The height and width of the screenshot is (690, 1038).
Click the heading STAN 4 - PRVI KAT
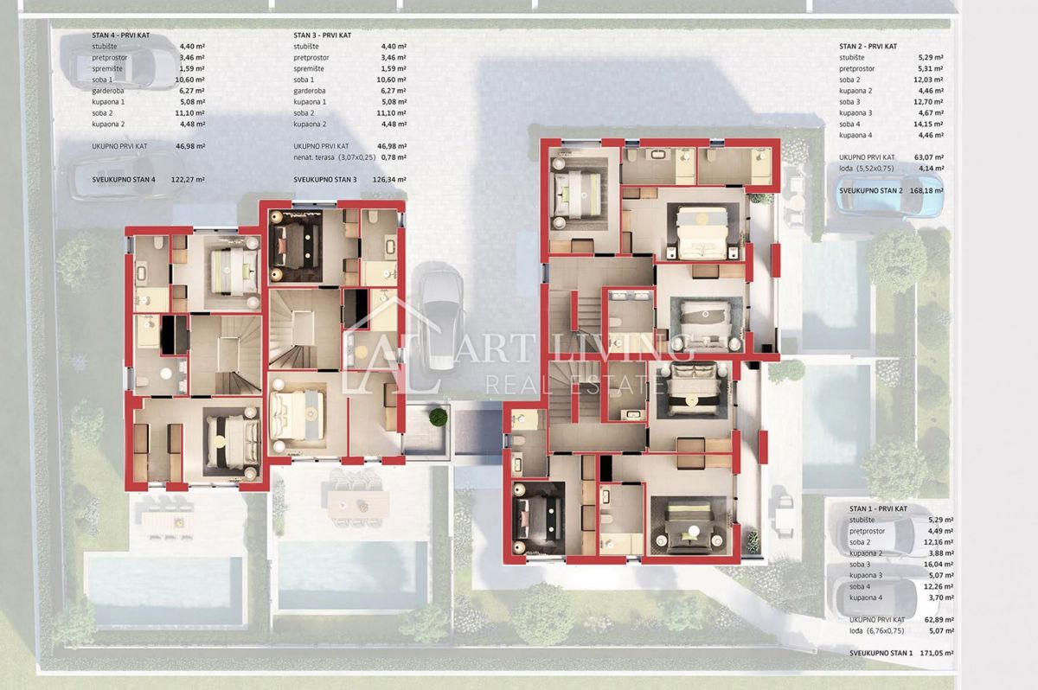click(124, 35)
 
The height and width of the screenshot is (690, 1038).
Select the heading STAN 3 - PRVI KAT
click(322, 35)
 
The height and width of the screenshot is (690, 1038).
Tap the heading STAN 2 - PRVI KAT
click(868, 46)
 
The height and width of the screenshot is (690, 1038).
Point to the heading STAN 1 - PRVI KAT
click(868, 508)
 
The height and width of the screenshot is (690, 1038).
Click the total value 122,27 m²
click(189, 180)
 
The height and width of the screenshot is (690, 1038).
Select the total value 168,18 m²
click(926, 190)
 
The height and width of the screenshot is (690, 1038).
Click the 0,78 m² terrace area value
click(394, 157)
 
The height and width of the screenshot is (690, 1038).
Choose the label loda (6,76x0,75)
click(871, 631)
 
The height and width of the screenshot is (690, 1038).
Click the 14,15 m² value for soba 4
click(932, 124)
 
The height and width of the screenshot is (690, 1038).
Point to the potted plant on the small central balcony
click(439, 417)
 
